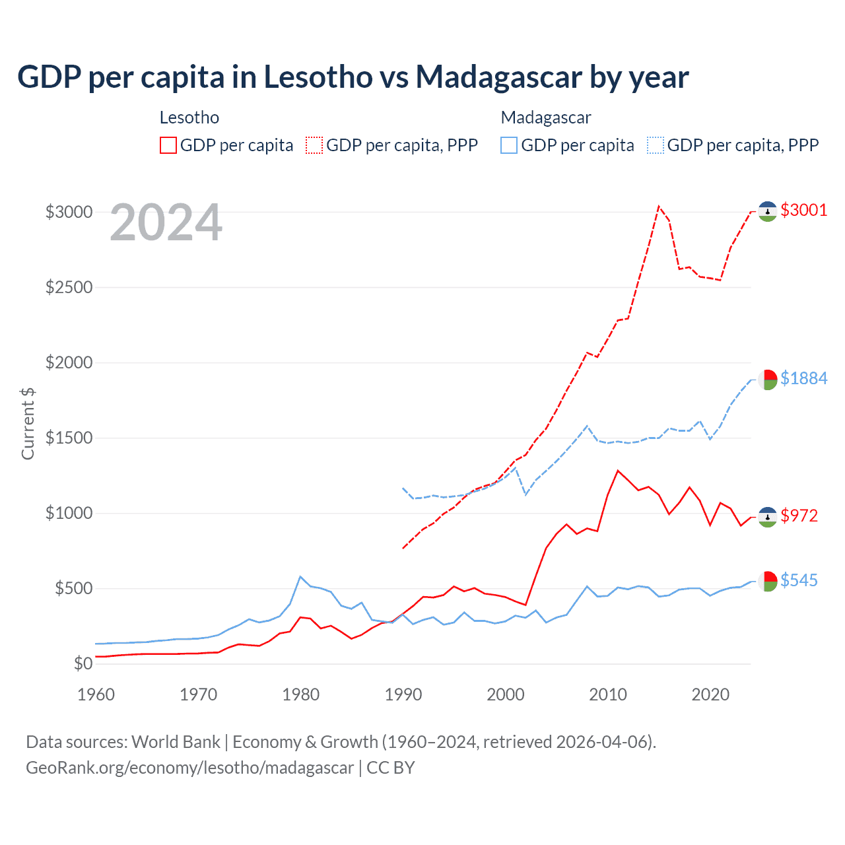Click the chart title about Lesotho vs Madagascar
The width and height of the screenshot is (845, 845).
click(353, 77)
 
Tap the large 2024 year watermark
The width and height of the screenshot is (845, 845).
click(166, 223)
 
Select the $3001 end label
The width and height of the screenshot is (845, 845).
click(803, 210)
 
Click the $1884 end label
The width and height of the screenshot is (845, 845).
click(803, 378)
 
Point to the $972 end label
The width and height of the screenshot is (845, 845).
click(799, 516)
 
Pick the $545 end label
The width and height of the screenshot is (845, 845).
click(799, 580)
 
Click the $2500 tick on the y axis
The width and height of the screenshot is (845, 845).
click(69, 288)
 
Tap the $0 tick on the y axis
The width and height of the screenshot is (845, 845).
click(83, 663)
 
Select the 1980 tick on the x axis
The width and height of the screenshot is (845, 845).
click(301, 694)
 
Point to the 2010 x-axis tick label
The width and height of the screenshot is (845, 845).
click(608, 694)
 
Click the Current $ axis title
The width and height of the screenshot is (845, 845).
click(28, 423)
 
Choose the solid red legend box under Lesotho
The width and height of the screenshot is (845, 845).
click(168, 145)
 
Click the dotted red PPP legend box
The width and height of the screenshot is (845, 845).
click(315, 145)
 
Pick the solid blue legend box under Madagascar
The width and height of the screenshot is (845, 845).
click(509, 145)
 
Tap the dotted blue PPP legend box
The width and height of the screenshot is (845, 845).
click(656, 145)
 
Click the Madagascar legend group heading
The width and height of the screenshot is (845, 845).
click(545, 118)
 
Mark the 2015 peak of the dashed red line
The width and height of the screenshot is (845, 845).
click(658, 206)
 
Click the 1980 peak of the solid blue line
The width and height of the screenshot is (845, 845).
click(300, 576)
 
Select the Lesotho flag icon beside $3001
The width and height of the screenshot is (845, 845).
click(767, 211)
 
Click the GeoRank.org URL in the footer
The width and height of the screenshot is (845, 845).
click(189, 768)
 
